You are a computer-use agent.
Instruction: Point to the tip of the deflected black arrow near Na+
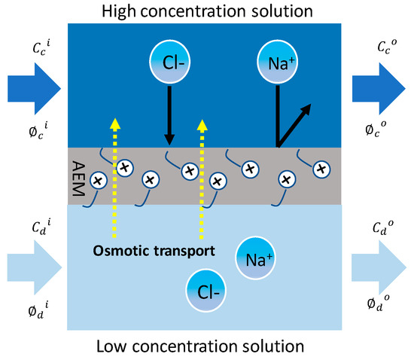[310, 107]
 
